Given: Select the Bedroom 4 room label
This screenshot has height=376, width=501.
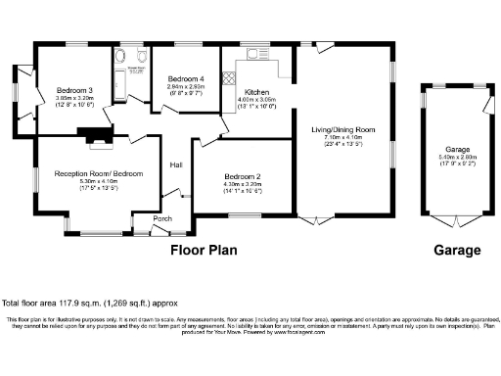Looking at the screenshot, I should (185, 78).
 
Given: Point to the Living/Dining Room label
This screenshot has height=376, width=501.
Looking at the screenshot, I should (343, 129).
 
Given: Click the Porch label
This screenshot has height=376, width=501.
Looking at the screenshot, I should (162, 219).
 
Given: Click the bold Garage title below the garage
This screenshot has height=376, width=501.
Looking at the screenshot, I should (457, 250).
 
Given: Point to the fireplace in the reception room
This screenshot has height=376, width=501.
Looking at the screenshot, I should (98, 140).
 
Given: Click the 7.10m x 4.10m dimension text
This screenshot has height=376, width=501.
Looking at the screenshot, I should (343, 136).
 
